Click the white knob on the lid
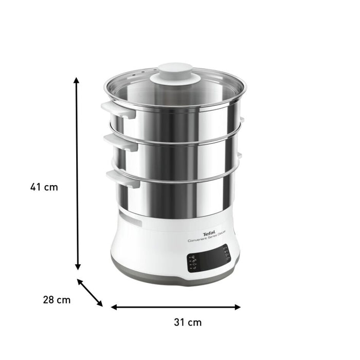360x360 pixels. point(175,74)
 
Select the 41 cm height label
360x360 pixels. point(44,187)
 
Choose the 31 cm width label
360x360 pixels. point(187,323)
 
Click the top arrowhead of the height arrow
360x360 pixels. point(77,81)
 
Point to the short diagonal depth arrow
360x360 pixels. point(90,293)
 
